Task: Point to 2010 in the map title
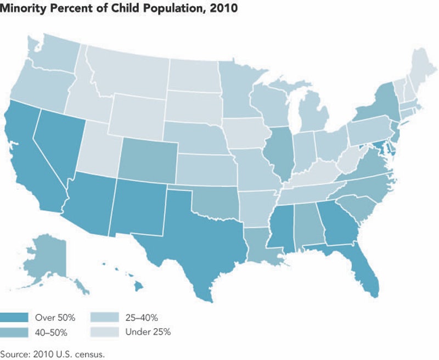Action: [223, 8]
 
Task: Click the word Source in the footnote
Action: [14, 353]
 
